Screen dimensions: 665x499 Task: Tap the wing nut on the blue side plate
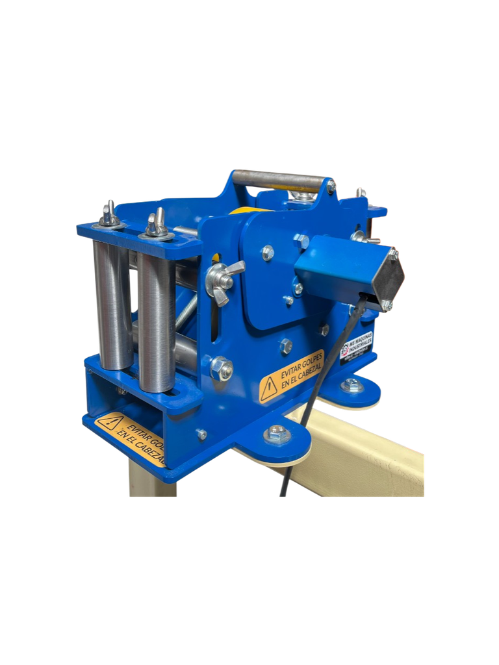coord(224,277)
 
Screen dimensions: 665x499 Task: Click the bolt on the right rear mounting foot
coord(353,385)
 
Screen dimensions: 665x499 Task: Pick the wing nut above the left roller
coord(109,214)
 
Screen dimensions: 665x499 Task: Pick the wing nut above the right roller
coord(155,225)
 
